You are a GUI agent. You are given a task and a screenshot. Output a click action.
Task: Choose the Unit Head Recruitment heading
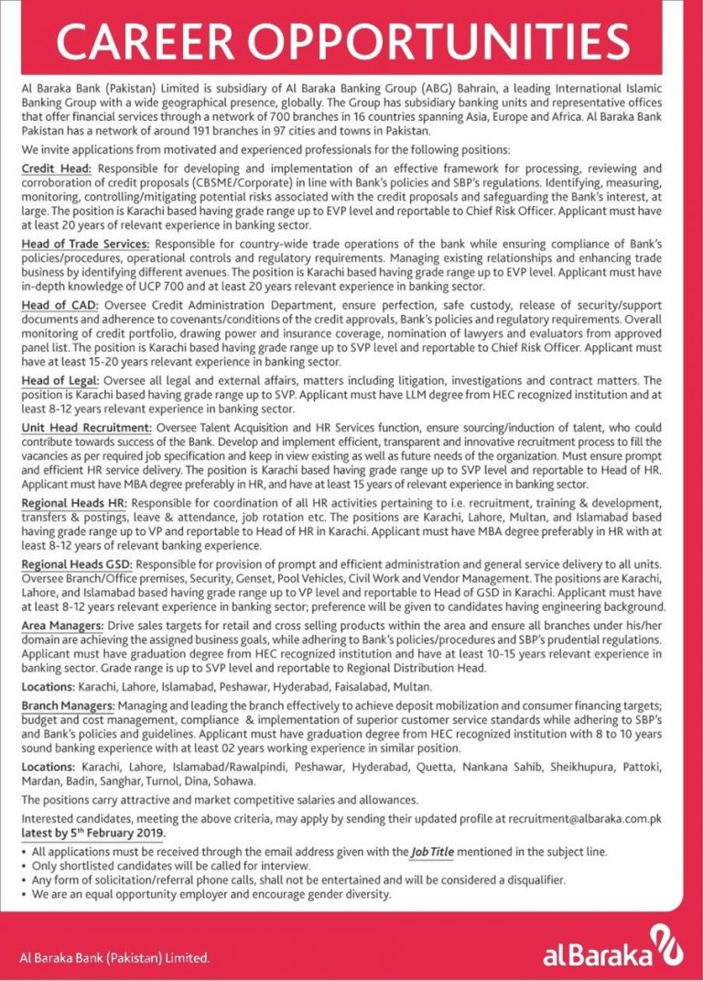(87, 428)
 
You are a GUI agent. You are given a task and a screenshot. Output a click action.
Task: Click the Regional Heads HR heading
(76, 504)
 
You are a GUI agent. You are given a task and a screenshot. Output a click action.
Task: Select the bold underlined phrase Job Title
(434, 852)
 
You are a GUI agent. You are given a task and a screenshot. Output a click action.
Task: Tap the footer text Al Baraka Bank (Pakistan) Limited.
(115, 959)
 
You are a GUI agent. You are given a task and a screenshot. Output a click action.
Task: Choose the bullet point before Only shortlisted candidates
(24, 867)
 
